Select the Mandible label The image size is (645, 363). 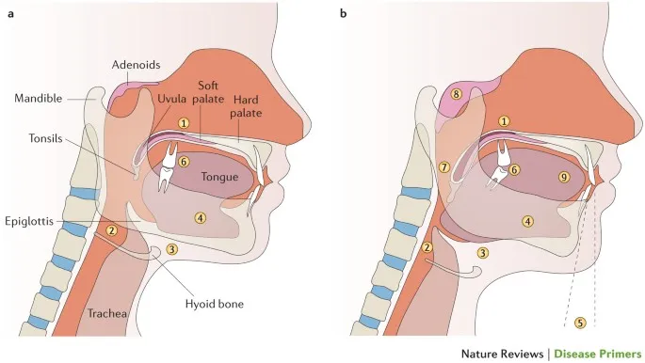point(39,97)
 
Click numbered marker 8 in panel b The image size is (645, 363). point(457,94)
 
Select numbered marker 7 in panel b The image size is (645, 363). point(444,167)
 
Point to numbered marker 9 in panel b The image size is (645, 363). point(564,176)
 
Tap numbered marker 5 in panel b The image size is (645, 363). point(580,323)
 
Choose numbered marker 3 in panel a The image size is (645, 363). point(171,248)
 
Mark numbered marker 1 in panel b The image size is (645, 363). point(505,121)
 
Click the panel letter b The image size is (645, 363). point(343,13)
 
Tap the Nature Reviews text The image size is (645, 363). point(503,354)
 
